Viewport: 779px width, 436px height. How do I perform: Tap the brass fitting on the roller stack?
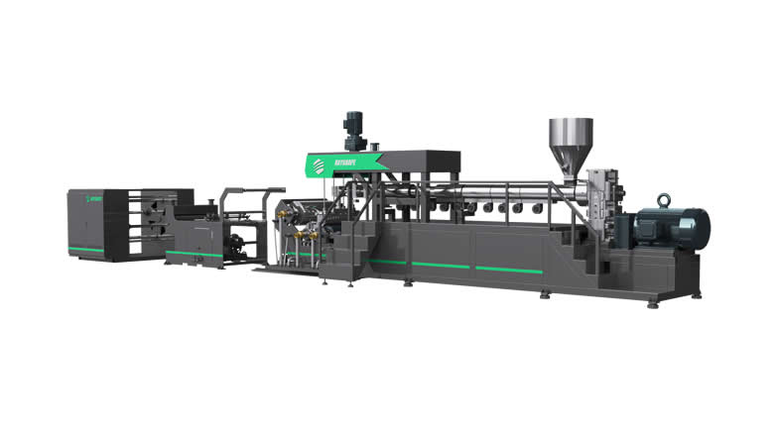click(x=298, y=239)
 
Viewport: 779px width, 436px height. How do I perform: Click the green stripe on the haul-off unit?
click(x=194, y=254)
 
